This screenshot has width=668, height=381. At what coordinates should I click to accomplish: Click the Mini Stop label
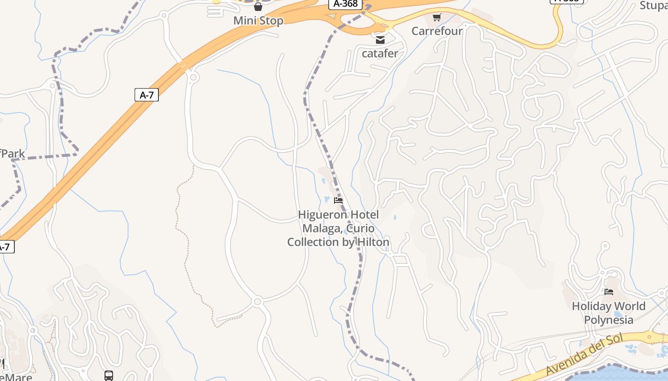tap(258, 20)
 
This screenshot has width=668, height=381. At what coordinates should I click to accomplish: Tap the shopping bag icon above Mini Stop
tap(258, 7)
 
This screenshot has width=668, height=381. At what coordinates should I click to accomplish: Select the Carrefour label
tap(437, 31)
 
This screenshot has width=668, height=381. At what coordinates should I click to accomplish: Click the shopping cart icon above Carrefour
tap(437, 18)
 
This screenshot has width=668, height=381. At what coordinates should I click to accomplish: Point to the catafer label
tap(380, 53)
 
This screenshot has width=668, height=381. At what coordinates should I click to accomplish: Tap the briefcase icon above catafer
tap(380, 40)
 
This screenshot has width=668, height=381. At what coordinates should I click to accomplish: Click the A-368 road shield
tap(344, 4)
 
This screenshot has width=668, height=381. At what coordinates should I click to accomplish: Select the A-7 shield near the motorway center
tap(146, 95)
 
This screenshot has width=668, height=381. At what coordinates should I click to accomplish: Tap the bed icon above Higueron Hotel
tap(338, 201)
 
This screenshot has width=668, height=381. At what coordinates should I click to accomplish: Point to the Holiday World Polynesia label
tap(608, 312)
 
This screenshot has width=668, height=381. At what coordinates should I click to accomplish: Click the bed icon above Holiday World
tap(608, 292)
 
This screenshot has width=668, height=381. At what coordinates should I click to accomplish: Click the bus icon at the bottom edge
tap(109, 376)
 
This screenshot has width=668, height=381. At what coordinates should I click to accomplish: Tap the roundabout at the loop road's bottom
tap(258, 301)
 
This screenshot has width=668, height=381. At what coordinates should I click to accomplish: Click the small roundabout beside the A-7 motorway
tap(193, 77)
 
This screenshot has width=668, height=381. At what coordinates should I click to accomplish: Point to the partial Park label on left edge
tap(13, 154)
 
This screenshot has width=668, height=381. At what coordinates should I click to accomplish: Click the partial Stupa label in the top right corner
tap(653, 5)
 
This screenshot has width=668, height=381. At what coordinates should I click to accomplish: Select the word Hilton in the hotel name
tap(373, 242)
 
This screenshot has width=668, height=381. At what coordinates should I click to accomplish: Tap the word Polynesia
tap(608, 320)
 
